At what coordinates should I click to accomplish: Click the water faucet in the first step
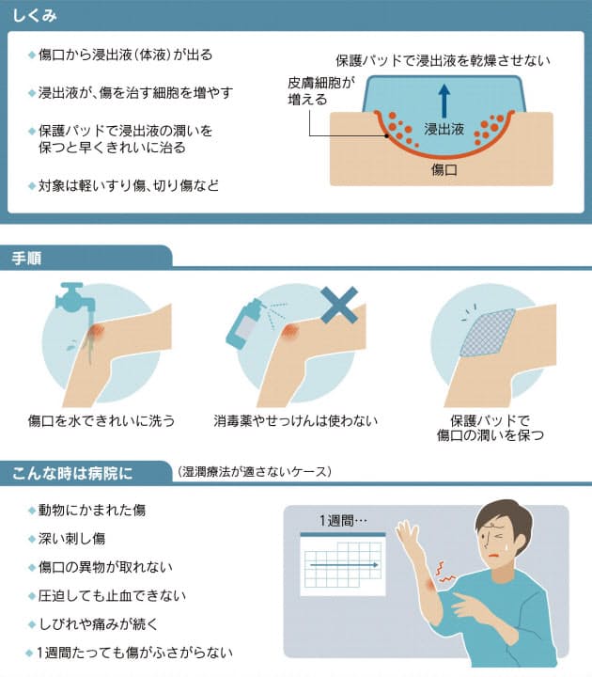click(x=68, y=296)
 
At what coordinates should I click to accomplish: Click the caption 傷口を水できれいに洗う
click(x=101, y=419)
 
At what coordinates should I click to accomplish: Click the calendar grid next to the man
click(x=342, y=565)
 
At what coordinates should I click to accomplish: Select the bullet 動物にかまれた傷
click(x=92, y=510)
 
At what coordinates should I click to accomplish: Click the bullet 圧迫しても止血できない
click(x=112, y=595)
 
